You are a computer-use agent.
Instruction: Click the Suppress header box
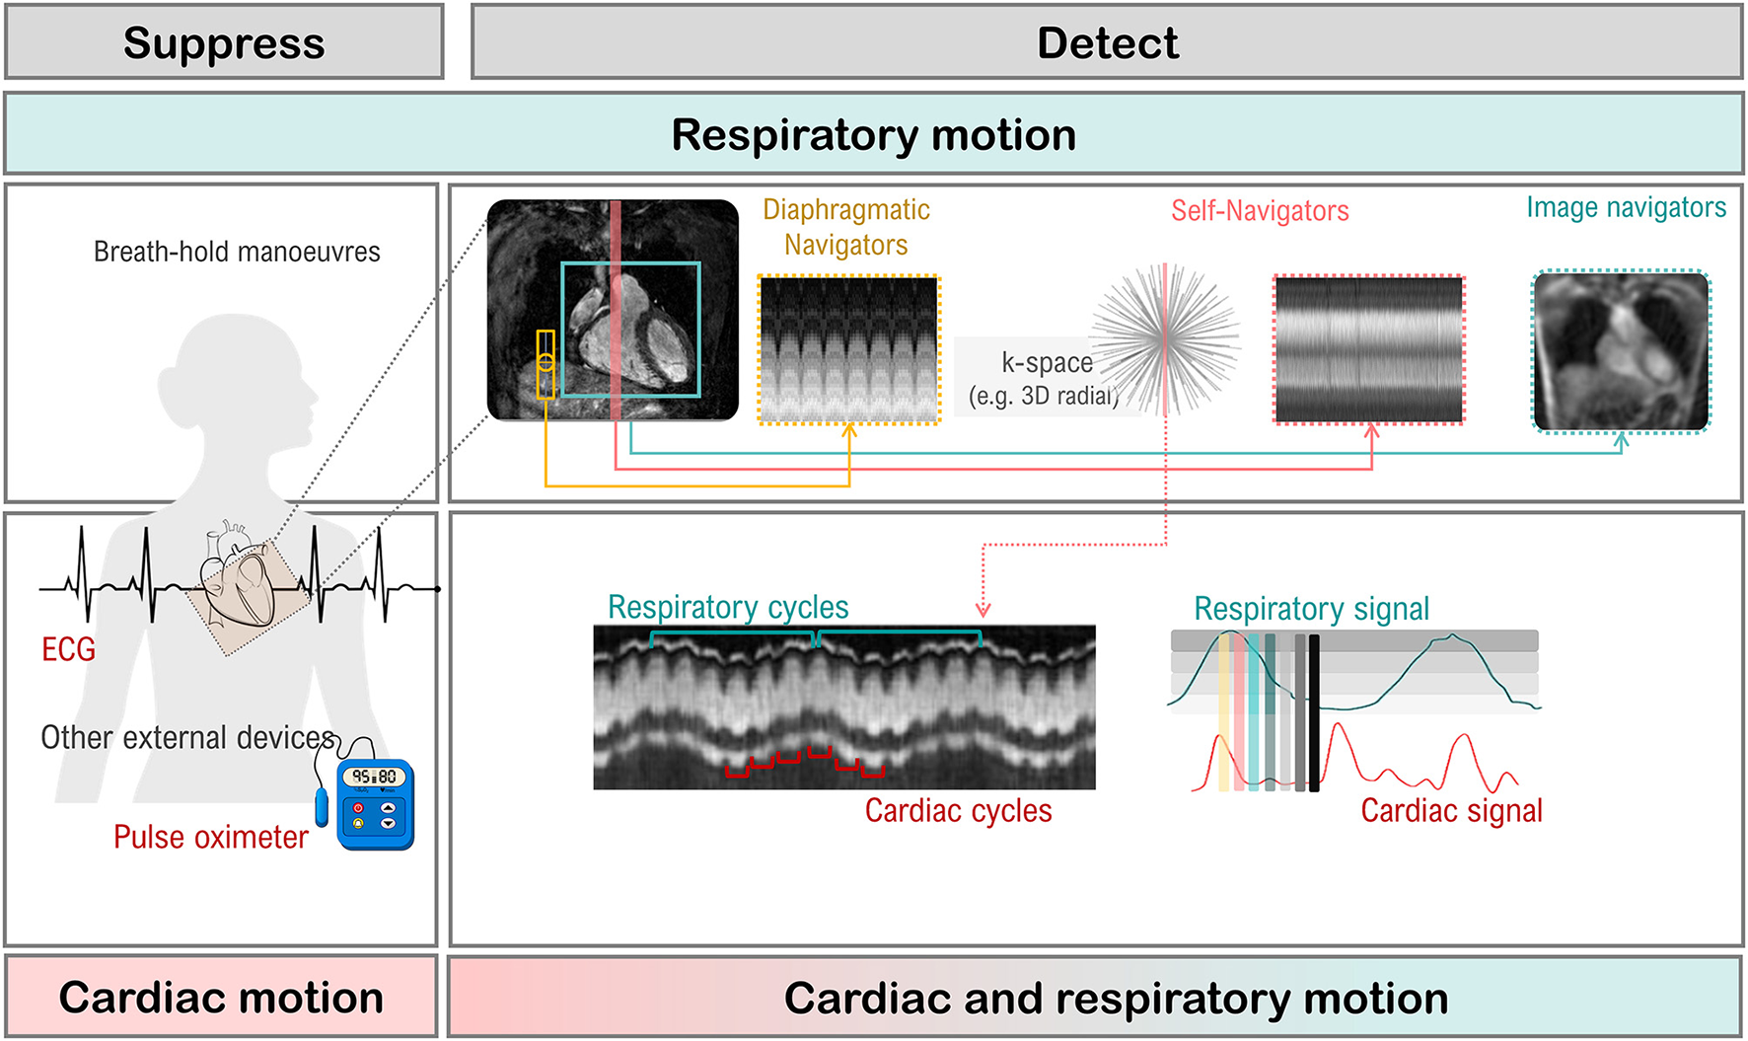(224, 42)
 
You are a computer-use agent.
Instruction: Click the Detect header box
(1107, 42)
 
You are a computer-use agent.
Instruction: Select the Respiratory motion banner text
(873, 134)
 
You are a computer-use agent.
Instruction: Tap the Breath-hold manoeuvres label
(237, 252)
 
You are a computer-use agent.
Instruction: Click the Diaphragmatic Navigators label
(846, 227)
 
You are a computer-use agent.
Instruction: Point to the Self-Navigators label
(1260, 210)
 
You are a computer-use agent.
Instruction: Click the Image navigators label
(1626, 207)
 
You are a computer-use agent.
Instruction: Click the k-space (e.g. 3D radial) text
(1046, 378)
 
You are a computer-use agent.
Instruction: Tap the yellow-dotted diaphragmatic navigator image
(848, 349)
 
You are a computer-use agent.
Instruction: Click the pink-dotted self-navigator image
(1368, 349)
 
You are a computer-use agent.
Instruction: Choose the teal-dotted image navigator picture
(1621, 351)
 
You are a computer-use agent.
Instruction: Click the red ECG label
(68, 648)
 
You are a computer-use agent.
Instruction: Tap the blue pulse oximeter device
(375, 803)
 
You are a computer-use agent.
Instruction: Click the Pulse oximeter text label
(211, 837)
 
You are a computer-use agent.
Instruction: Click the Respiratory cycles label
(728, 607)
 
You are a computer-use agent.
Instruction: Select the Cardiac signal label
(1451, 810)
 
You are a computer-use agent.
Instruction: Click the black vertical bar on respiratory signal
(1314, 712)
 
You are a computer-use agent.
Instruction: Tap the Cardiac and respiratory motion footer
(1116, 998)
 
